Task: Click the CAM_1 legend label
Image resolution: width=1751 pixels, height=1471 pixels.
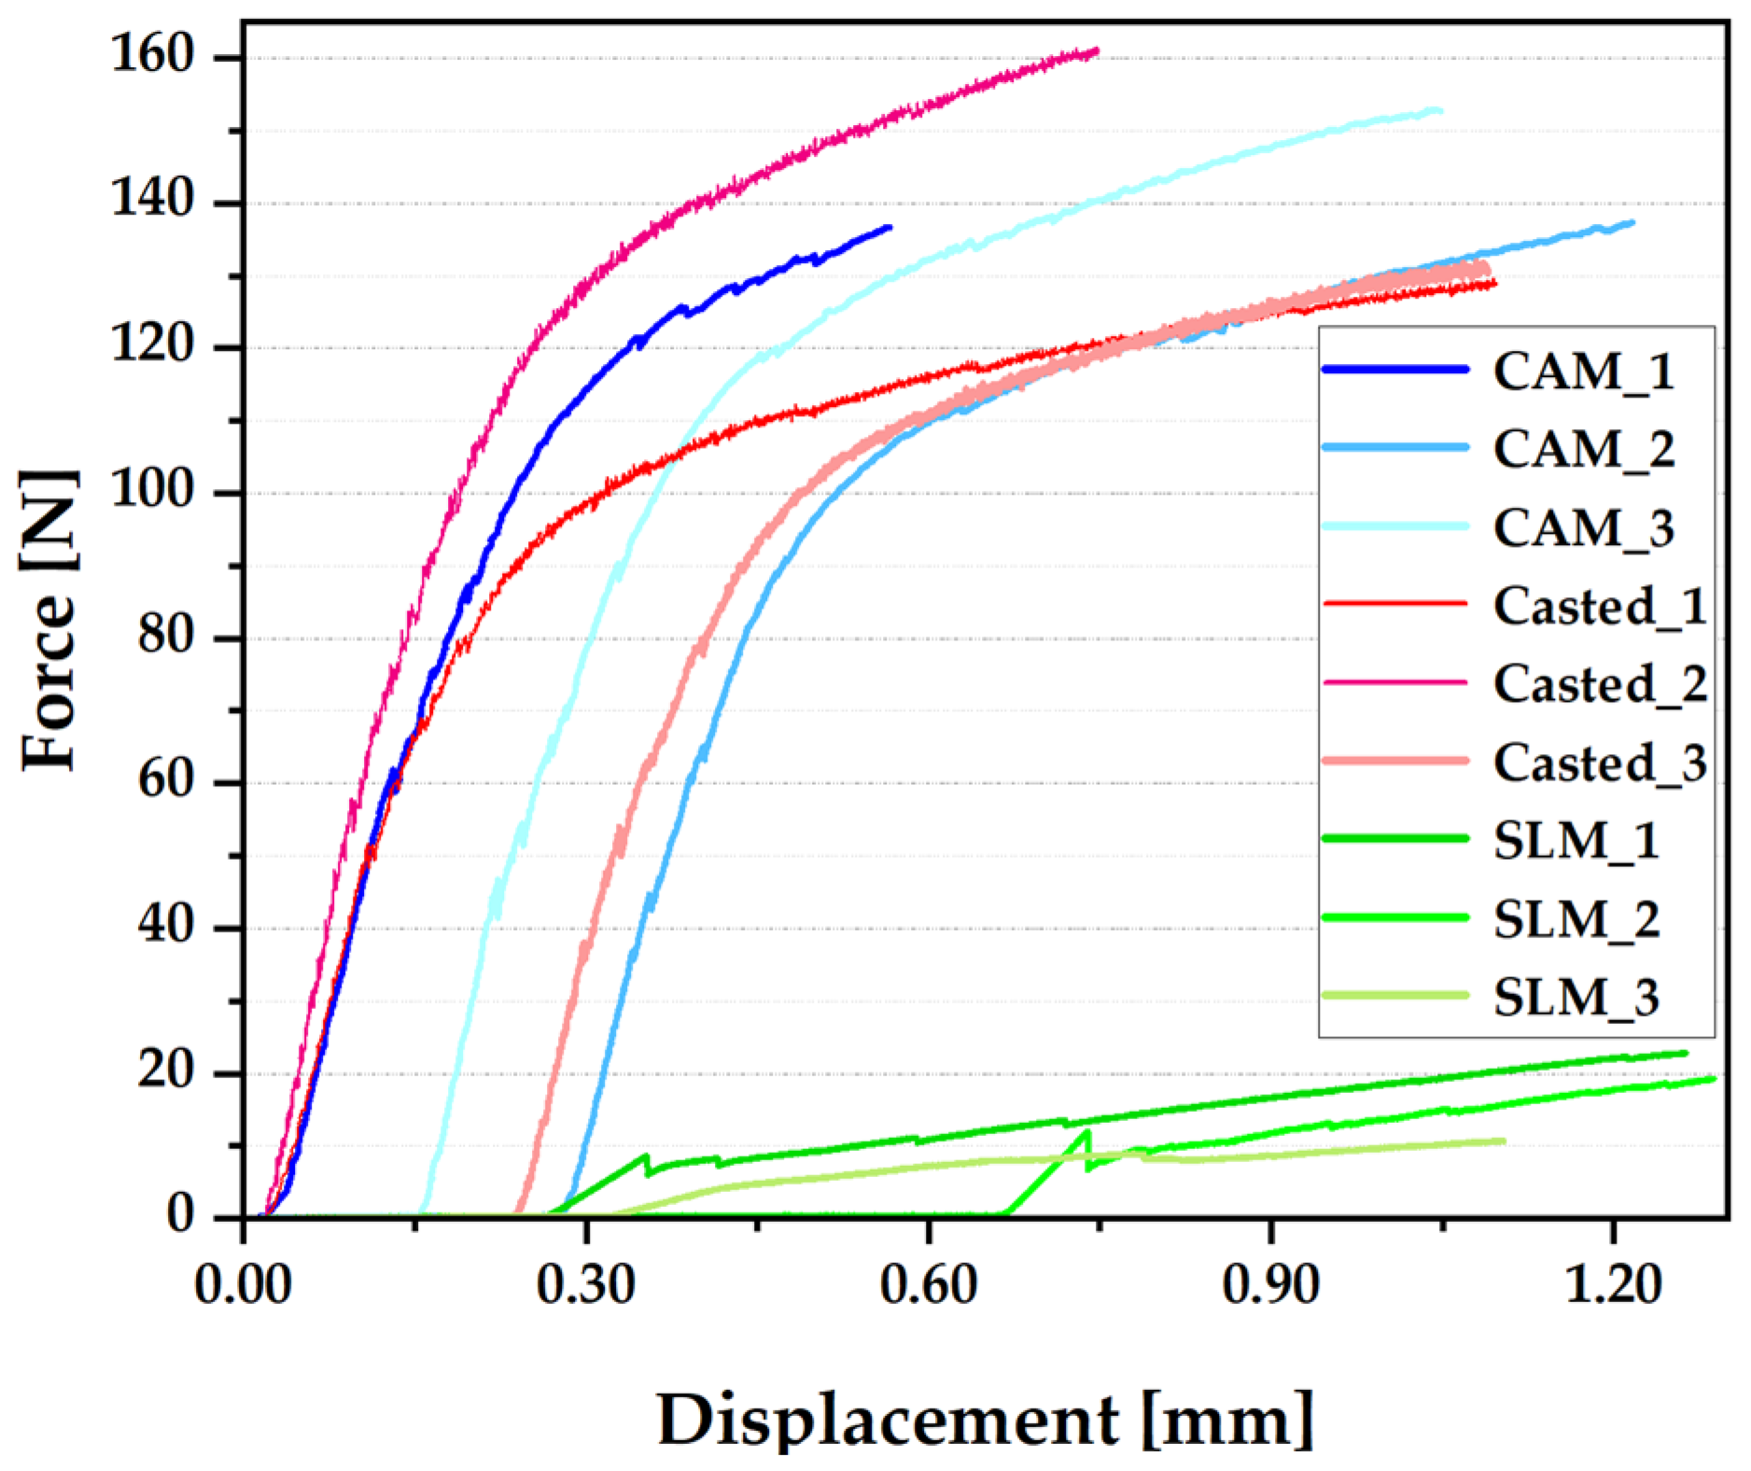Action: pyautogui.click(x=1583, y=371)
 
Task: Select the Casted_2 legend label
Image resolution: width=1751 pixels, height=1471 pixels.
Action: pyautogui.click(x=1600, y=684)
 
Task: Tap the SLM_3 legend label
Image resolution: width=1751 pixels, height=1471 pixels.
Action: pyautogui.click(x=1576, y=998)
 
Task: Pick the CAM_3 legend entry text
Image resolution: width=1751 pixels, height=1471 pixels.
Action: pyautogui.click(x=1583, y=528)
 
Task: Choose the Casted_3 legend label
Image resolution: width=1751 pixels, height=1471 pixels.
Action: pyautogui.click(x=1600, y=763)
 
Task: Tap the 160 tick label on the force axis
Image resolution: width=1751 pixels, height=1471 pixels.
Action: pyautogui.click(x=152, y=56)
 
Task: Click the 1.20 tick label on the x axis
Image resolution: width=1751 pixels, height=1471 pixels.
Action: pyautogui.click(x=1612, y=1286)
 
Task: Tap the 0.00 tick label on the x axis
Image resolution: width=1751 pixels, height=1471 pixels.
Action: pyautogui.click(x=243, y=1286)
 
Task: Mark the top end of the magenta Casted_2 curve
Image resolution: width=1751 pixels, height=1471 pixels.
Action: pyautogui.click(x=1097, y=49)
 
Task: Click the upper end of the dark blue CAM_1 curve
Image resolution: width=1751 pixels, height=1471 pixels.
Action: pyautogui.click(x=890, y=227)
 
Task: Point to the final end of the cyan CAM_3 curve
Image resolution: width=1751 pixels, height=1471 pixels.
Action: pyautogui.click(x=1440, y=110)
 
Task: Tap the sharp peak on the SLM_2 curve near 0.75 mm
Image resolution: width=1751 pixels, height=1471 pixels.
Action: pyautogui.click(x=1086, y=1132)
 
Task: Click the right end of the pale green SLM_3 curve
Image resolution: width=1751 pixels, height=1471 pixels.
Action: pyautogui.click(x=1504, y=1141)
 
